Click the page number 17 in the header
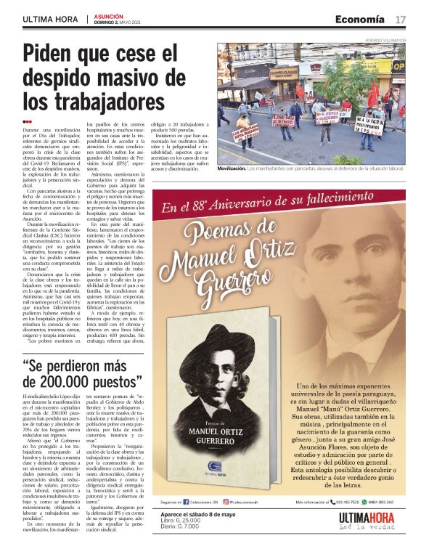pos(400,19)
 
